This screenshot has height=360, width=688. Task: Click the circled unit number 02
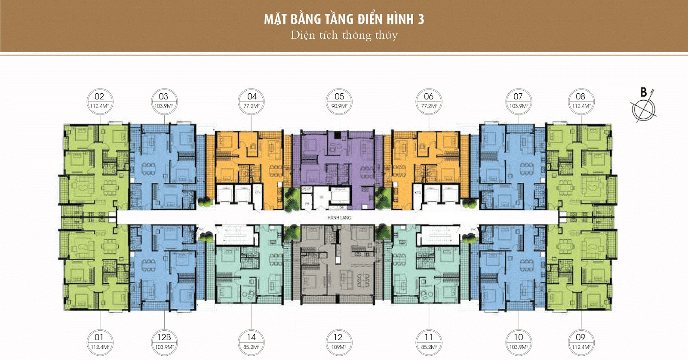pyautogui.click(x=99, y=97)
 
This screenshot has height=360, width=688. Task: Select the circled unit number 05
pyautogui.click(x=339, y=97)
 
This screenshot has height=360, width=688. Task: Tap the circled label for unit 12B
pyautogui.click(x=164, y=338)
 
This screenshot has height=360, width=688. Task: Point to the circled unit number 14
pyautogui.click(x=252, y=338)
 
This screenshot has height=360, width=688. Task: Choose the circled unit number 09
pyautogui.click(x=580, y=338)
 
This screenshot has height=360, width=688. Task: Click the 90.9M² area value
pyautogui.click(x=339, y=106)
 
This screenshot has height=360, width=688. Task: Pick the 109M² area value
pyautogui.click(x=338, y=347)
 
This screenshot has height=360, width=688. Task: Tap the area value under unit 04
pyautogui.click(x=252, y=106)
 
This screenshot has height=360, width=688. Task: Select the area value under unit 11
pyautogui.click(x=429, y=347)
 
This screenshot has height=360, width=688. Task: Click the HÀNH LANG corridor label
pyautogui.click(x=339, y=218)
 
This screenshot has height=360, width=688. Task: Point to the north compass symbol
pyautogui.click(x=644, y=108)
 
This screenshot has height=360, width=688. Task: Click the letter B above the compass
pyautogui.click(x=644, y=92)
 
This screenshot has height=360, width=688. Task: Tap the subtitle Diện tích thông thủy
pyautogui.click(x=344, y=35)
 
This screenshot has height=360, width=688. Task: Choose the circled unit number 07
pyautogui.click(x=518, y=97)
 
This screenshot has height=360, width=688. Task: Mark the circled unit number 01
pyautogui.click(x=99, y=338)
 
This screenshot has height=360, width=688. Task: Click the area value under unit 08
pyautogui.click(x=580, y=106)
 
